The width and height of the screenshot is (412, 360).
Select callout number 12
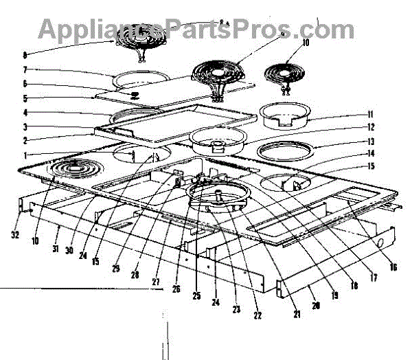point(370,128)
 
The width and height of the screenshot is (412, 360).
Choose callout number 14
point(370,154)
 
